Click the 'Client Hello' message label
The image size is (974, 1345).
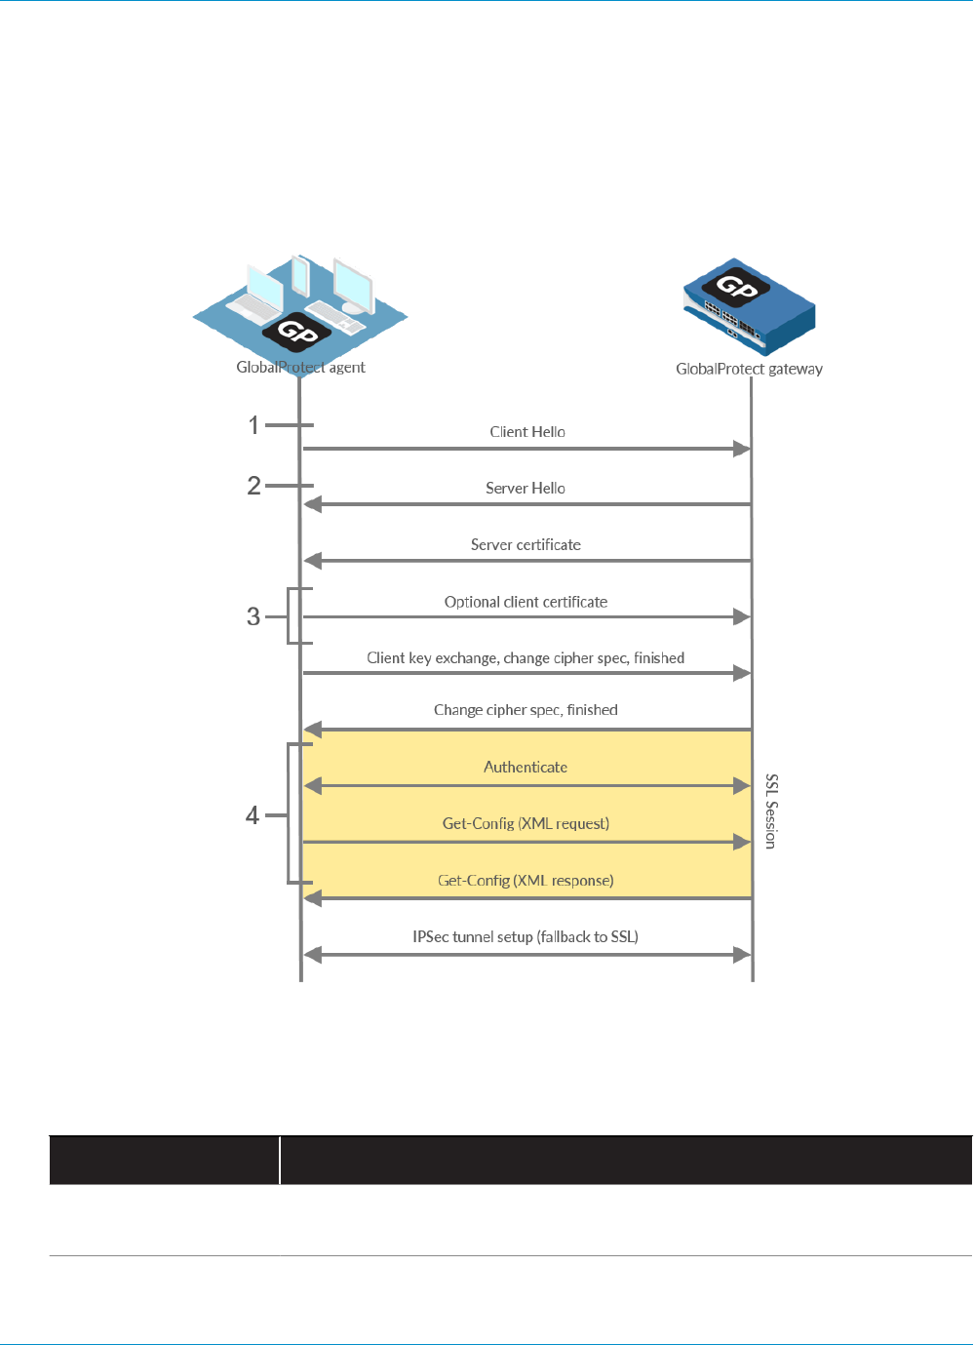pos(527,432)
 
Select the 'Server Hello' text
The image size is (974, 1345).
pos(526,489)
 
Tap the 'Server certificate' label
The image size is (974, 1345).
pos(526,545)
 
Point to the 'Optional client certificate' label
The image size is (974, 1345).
pos(526,602)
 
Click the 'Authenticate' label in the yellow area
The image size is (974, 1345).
pos(526,768)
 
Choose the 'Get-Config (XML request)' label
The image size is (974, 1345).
pos(526,824)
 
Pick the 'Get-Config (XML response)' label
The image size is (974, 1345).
pos(526,881)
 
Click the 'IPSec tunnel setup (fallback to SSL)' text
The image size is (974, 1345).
pos(526,937)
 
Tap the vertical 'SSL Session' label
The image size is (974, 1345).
pos(771,811)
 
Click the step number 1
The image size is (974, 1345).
pos(253,425)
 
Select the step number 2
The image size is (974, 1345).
pos(253,486)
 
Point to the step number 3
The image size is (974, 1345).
pos(253,616)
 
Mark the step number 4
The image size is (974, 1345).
pos(253,815)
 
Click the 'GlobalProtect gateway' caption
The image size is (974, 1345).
pos(749,369)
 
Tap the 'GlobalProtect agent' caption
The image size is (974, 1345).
pos(300,368)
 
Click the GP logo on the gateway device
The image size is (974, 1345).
pos(736,286)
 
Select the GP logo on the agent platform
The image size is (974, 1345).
pos(296,332)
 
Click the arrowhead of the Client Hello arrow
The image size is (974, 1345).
pos(742,449)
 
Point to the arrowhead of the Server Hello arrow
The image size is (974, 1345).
pos(312,504)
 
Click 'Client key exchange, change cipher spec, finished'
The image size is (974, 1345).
pos(526,658)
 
